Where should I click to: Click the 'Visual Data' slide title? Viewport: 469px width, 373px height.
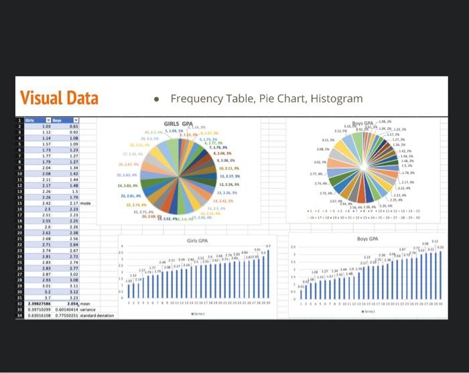pos(60,98)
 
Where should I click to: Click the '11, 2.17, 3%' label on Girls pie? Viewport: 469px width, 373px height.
pos(230,176)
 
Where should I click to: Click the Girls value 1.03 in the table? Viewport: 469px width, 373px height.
pos(47,126)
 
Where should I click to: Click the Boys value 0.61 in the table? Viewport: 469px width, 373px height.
pos(74,126)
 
